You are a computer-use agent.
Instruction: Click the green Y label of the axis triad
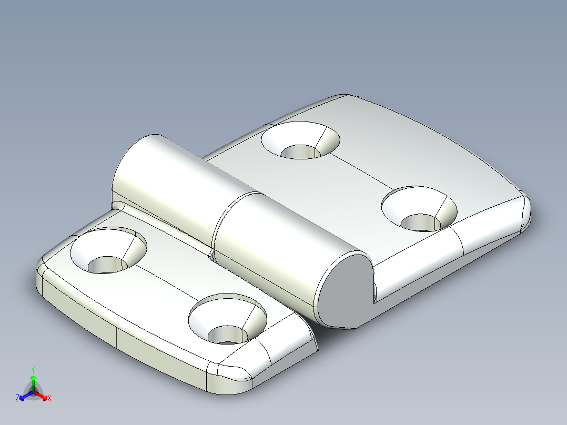[x=33, y=370]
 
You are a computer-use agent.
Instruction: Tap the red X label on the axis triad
[x=49, y=399]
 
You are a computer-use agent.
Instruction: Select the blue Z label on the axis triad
[x=17, y=398]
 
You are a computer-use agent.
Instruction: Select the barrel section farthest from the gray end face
[x=163, y=179]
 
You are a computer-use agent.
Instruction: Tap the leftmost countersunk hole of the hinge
[x=108, y=251]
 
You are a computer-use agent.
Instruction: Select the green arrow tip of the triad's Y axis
[x=33, y=378]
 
